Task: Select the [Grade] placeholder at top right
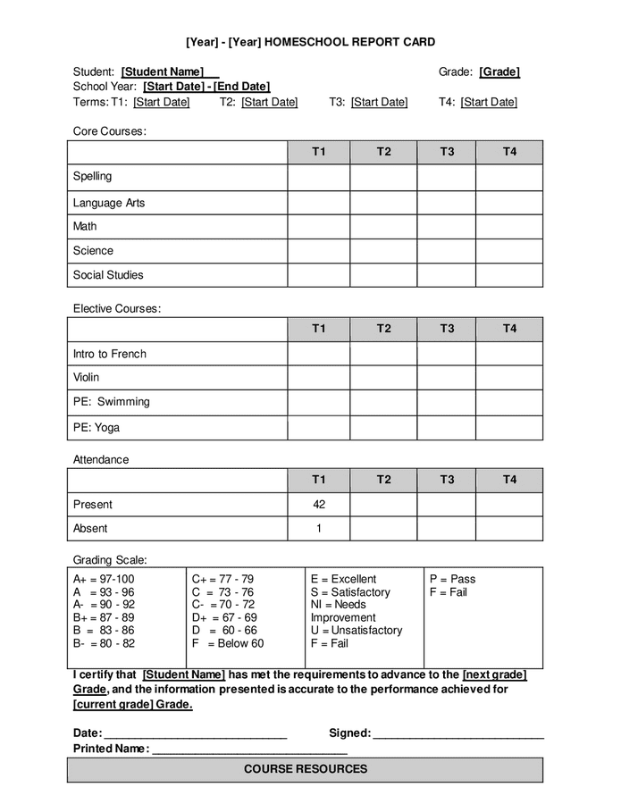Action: (499, 71)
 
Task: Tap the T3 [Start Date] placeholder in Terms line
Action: (379, 102)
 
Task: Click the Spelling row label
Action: (93, 176)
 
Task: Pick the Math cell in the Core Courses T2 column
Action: (383, 227)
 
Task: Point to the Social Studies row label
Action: (108, 275)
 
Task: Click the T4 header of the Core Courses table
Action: (508, 152)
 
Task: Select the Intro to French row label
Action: (110, 354)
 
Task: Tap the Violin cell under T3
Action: (446, 378)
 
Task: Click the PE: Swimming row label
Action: (112, 402)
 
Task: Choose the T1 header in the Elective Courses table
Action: (319, 329)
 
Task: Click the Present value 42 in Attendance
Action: (319, 504)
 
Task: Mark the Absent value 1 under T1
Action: (319, 529)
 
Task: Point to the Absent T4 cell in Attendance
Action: (508, 529)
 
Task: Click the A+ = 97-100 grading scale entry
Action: (104, 579)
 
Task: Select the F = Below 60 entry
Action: (227, 643)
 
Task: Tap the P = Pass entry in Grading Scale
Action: (452, 579)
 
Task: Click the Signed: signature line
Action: (458, 734)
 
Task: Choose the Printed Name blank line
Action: (249, 750)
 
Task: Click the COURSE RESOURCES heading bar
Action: (305, 769)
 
